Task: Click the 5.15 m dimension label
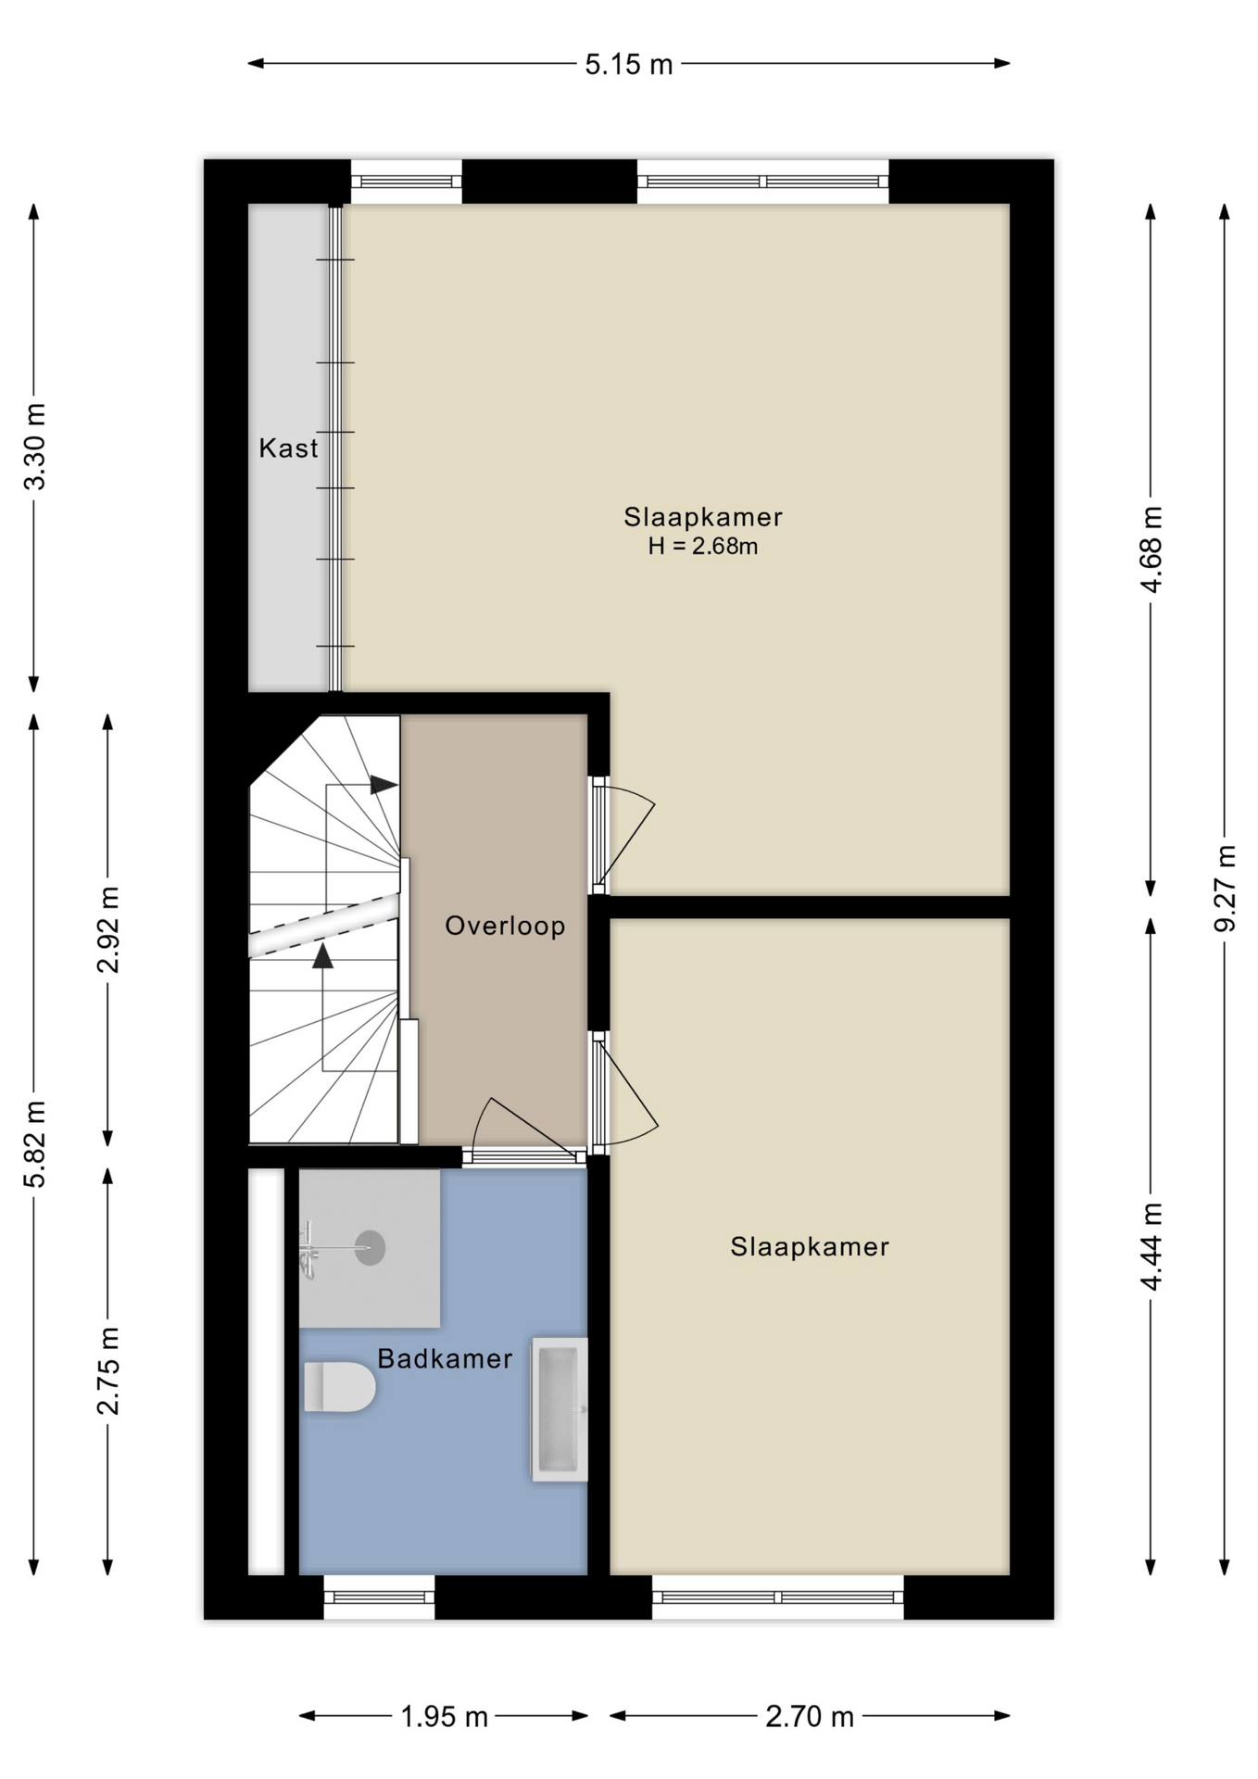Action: coord(628,65)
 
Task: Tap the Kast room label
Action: coord(288,448)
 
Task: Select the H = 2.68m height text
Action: coord(702,547)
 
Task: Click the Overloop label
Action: coord(505,926)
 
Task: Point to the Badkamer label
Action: coord(445,1358)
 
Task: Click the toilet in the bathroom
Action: coord(339,1386)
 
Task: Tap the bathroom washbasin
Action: coord(560,1408)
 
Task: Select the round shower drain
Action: coord(370,1248)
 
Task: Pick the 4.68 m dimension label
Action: coord(1151,549)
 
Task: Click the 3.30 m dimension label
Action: coord(34,447)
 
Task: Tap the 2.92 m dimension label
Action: coord(108,929)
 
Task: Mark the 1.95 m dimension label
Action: coord(444,1717)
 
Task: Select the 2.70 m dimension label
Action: coord(809,1717)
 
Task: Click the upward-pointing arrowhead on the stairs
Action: coord(322,956)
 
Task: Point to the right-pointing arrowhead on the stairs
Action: coord(384,785)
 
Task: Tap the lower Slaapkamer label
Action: coord(809,1246)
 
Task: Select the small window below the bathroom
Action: coord(379,1597)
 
